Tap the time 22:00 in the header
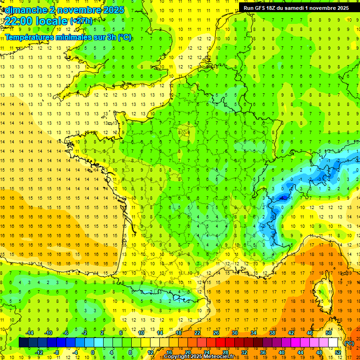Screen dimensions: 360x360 18,21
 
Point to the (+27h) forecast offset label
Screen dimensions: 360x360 81,21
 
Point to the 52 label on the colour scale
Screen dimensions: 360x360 338,352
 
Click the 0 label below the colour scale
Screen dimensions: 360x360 93,352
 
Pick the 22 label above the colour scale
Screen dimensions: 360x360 197,333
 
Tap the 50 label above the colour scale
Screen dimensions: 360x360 329,333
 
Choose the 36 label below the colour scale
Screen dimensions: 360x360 263,352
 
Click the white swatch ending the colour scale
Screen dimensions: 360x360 333,343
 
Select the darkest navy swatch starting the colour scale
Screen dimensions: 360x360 23,343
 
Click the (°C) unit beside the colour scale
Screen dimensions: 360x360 349,343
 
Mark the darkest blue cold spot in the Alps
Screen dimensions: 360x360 283,198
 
